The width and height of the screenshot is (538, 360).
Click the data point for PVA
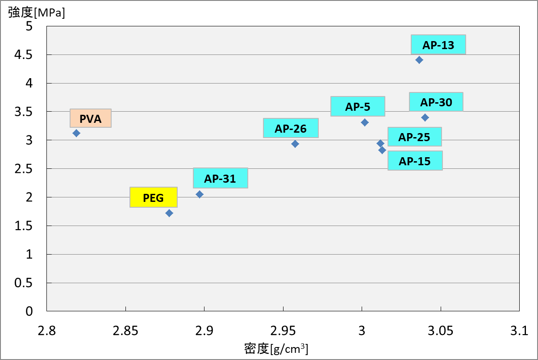pos(76,133)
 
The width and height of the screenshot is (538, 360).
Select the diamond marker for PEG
pos(169,213)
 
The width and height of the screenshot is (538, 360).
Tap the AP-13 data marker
pos(419,60)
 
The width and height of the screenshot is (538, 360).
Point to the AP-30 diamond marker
pos(425,117)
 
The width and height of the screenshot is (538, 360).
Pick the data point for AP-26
pos(295,144)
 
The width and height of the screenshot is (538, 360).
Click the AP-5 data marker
pos(365,122)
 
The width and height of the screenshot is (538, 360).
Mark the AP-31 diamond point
pos(200,194)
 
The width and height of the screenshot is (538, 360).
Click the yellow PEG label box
pos(154,197)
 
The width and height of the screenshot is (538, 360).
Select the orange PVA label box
pos(90,118)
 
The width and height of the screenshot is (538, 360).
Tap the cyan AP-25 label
pos(414,137)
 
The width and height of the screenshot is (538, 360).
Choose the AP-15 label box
pos(415,161)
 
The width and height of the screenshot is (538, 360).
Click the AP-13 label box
pos(438,45)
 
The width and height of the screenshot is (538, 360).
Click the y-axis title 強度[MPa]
pos(37,13)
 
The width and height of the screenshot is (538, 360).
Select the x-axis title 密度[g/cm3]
pos(276,348)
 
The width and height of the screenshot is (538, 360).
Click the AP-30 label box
pos(436,102)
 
